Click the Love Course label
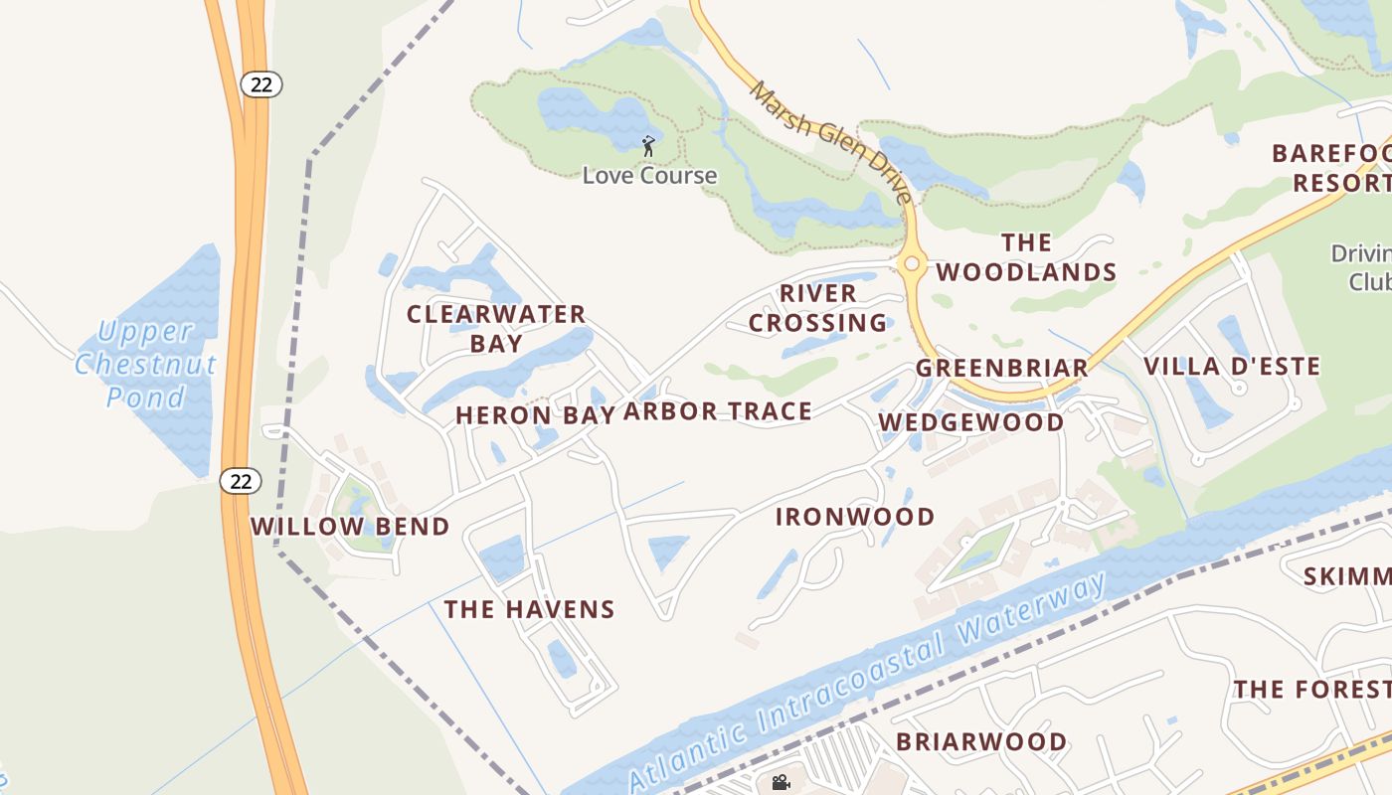(x=649, y=176)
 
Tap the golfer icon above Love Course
(x=648, y=146)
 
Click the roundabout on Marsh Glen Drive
(x=911, y=264)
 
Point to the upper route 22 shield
(x=261, y=84)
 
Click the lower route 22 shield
(x=240, y=481)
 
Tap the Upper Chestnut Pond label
(x=145, y=364)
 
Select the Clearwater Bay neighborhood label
(x=496, y=328)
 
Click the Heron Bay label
(x=535, y=415)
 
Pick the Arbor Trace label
(x=718, y=411)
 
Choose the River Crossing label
(x=817, y=308)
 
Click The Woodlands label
(x=1026, y=257)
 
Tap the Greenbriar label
(x=1001, y=368)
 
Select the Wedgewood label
(x=970, y=422)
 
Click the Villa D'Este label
(x=1232, y=366)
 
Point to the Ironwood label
(x=855, y=517)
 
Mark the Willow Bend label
(x=350, y=527)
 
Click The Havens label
(x=529, y=609)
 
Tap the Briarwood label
(x=981, y=741)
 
